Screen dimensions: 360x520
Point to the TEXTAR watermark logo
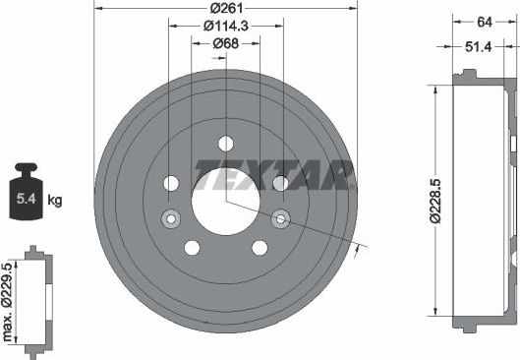tap(274, 175)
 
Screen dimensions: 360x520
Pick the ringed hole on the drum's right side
tap(281, 218)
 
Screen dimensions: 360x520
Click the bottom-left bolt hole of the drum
tap(193, 247)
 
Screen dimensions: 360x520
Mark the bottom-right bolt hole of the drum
tap(260, 247)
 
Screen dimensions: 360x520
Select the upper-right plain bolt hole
tap(280, 183)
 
